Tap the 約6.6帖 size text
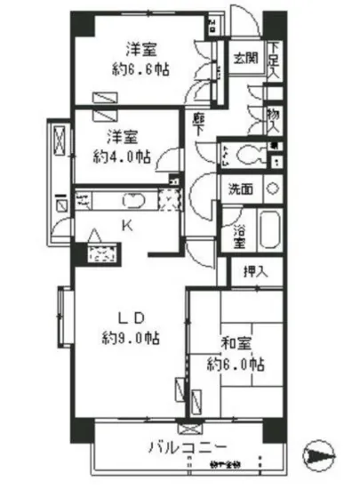[141, 68]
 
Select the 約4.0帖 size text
[123, 156]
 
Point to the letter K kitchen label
[126, 227]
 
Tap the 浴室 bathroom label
[239, 231]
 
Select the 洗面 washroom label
[241, 188]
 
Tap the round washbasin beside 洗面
[273, 188]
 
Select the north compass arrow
[317, 454]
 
